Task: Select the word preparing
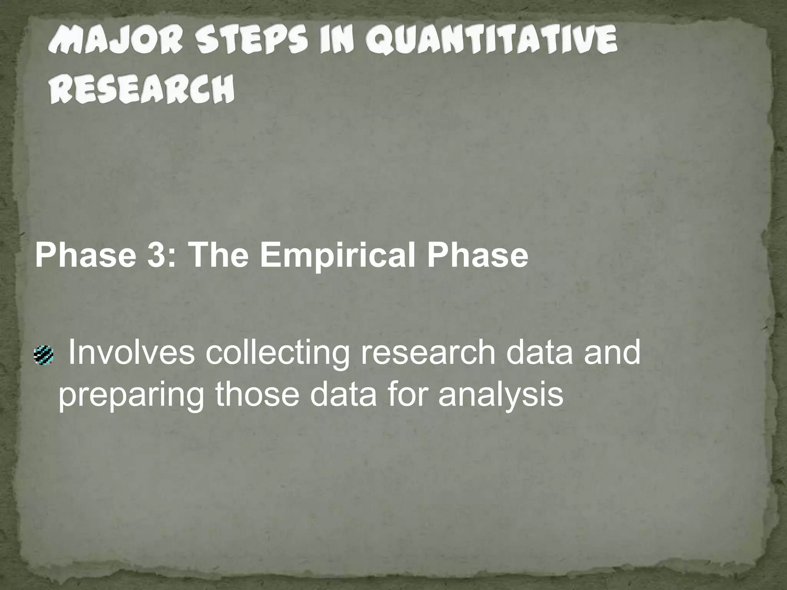click(x=131, y=396)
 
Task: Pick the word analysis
click(x=501, y=396)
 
